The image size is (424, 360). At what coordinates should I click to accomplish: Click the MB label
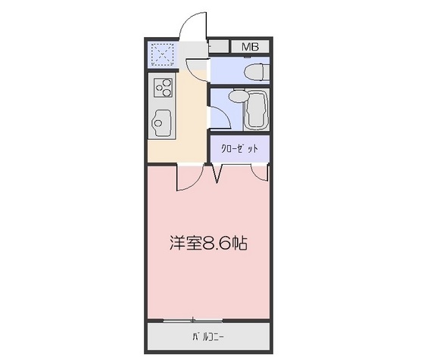click(250, 47)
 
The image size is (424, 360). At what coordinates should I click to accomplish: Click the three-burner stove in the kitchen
click(163, 90)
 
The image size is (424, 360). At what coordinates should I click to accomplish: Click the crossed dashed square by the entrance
click(163, 54)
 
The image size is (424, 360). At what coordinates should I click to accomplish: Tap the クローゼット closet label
click(239, 149)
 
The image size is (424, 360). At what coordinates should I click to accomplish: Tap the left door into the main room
click(189, 178)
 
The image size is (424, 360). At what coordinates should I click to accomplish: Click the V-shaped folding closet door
click(217, 175)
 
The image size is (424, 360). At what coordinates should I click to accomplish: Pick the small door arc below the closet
click(260, 175)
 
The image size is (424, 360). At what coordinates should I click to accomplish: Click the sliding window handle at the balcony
click(195, 318)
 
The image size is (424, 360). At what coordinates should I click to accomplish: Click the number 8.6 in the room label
click(217, 244)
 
